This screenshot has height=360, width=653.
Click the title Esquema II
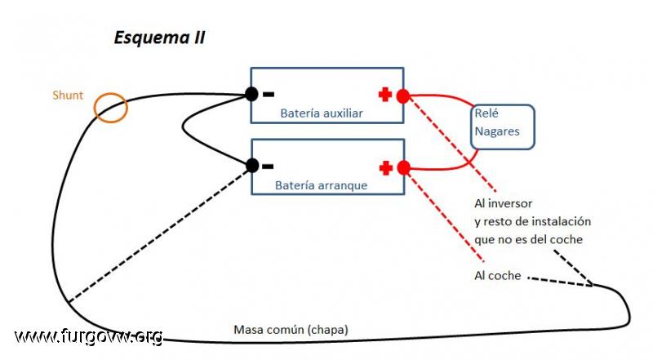159,38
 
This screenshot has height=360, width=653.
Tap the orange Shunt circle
95,108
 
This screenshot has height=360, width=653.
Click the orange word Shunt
68,95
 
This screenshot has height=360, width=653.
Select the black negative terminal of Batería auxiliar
251,94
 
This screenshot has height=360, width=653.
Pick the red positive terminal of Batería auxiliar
402,96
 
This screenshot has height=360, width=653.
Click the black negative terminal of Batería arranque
252,166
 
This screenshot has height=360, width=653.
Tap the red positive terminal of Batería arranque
403,168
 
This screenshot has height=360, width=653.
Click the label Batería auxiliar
322,113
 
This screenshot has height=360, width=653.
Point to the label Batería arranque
321,185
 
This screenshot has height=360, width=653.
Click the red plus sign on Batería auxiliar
385,95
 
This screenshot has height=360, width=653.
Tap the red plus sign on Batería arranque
386,168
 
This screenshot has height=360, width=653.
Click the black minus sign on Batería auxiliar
269,95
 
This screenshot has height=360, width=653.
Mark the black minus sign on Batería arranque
268,167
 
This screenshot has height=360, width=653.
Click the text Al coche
498,275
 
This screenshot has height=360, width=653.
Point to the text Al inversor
503,203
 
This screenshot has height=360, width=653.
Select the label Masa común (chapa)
291,330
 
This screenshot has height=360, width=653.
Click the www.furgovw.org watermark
88,336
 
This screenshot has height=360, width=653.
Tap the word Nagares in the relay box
497,131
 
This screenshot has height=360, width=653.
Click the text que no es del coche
528,239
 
